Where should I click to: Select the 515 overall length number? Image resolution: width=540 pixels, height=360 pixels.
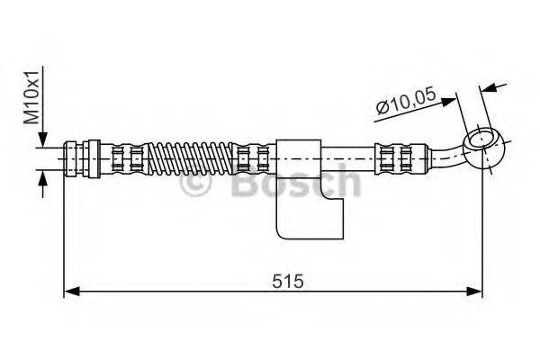[285, 280]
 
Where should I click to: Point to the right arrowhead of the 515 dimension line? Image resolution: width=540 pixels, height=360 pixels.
[476, 291]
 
